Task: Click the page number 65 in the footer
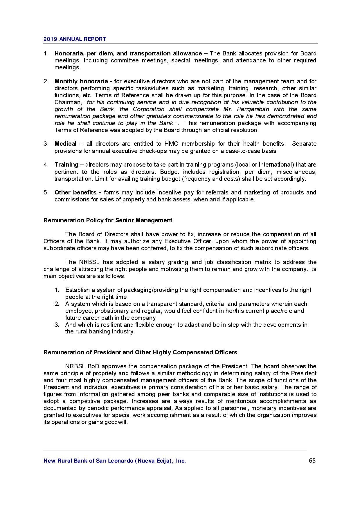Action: click(x=312, y=461)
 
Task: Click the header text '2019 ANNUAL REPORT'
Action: click(x=75, y=39)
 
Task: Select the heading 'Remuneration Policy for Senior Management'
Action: click(x=108, y=220)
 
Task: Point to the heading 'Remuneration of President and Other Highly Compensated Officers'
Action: click(x=140, y=352)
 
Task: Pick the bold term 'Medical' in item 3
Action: click(x=65, y=144)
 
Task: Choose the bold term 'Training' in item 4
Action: click(x=66, y=165)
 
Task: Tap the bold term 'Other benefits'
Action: click(x=75, y=192)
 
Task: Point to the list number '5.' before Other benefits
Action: click(x=46, y=192)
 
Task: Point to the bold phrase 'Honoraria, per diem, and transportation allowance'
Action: click(x=128, y=53)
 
